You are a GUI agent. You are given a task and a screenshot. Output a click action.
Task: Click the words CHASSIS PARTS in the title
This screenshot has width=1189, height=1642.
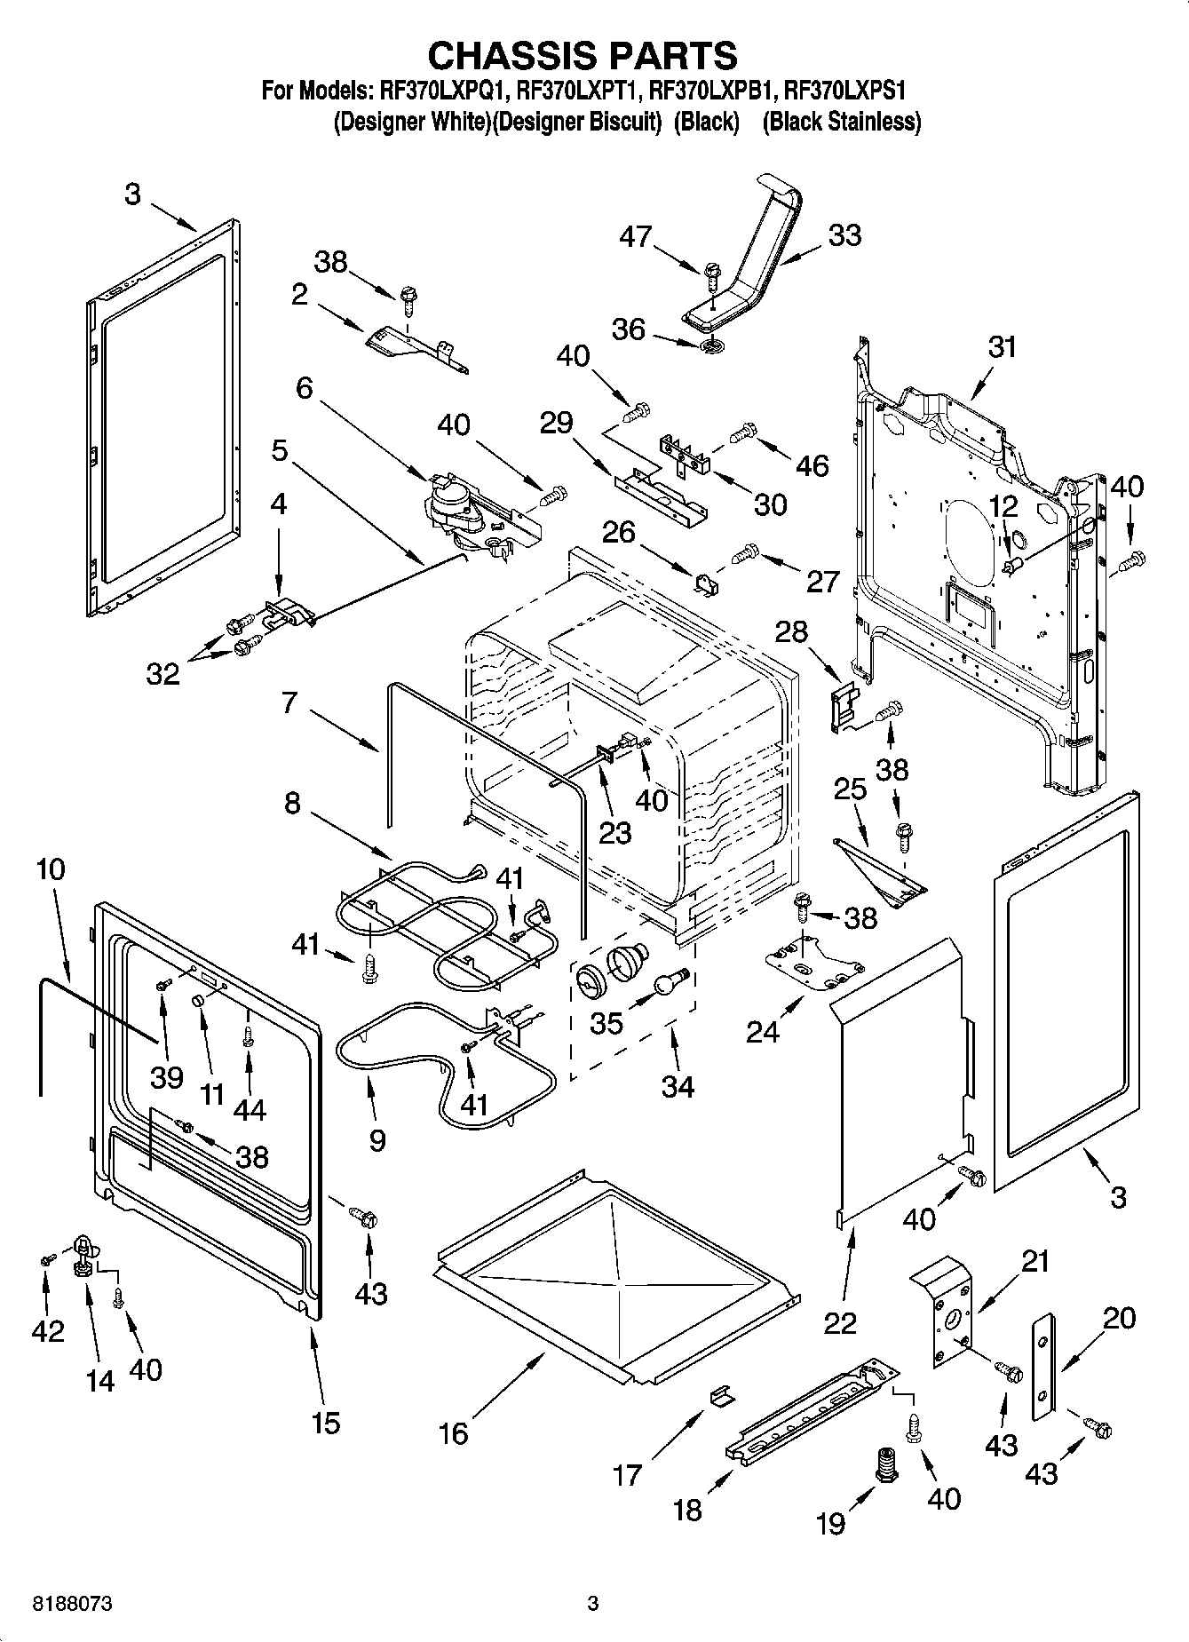pyautogui.click(x=583, y=55)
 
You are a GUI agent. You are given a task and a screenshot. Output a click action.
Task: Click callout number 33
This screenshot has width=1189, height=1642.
pyautogui.click(x=844, y=236)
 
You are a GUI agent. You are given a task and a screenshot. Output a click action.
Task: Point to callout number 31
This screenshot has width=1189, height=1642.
pyautogui.click(x=1002, y=346)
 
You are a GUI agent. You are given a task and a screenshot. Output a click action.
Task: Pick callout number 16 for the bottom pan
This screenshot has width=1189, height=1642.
pyautogui.click(x=454, y=1433)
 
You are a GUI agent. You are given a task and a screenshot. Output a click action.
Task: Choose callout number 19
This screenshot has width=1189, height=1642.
pyautogui.click(x=831, y=1524)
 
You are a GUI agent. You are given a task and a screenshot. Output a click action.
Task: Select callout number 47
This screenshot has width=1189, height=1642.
pyautogui.click(x=636, y=236)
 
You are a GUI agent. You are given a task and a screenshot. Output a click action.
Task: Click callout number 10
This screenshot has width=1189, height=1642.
pyautogui.click(x=52, y=869)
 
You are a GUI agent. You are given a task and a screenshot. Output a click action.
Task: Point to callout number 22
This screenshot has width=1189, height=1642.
pyautogui.click(x=840, y=1322)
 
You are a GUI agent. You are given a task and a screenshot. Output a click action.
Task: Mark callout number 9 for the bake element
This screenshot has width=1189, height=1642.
pyautogui.click(x=377, y=1140)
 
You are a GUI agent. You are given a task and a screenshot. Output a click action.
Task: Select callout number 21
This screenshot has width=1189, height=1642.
pyautogui.click(x=1035, y=1261)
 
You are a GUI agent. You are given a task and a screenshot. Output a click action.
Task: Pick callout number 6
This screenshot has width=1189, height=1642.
pyautogui.click(x=305, y=388)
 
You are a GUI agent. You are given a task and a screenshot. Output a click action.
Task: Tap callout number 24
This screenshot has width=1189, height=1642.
pyautogui.click(x=762, y=1032)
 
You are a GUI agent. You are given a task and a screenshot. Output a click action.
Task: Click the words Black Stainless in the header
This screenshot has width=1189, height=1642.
pyautogui.click(x=842, y=122)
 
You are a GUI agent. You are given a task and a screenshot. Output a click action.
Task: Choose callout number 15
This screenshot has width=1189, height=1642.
pyautogui.click(x=326, y=1423)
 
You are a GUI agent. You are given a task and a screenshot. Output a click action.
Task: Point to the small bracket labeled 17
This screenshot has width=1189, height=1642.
pyautogui.click(x=722, y=1397)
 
